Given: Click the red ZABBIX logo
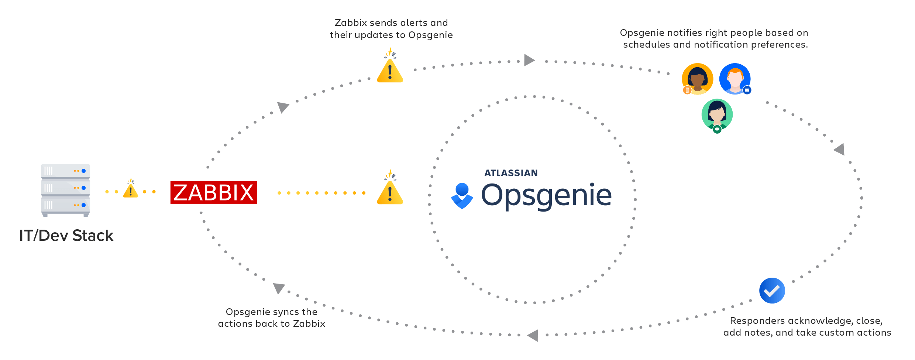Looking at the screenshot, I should (213, 192).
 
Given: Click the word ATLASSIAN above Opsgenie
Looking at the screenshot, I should (511, 173).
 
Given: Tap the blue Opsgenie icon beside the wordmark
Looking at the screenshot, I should (462, 196).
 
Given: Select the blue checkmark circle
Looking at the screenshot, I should (772, 291).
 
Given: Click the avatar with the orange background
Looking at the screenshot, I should (697, 78).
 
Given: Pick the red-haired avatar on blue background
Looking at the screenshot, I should (735, 78).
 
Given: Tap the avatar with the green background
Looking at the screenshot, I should (717, 114).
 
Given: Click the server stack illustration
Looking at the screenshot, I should (65, 190).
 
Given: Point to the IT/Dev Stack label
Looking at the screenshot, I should (66, 236).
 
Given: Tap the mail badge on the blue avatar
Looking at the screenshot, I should (747, 90).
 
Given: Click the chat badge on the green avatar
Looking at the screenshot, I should (717, 129).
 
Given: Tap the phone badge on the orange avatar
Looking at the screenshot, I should (687, 90).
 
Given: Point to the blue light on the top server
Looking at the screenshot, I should (84, 171).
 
